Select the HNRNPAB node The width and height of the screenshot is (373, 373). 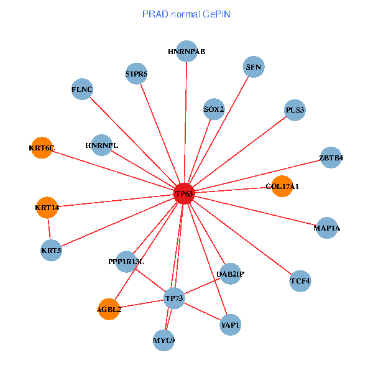point(186,51)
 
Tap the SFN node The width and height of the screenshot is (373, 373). point(253,67)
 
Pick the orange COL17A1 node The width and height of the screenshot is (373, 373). point(282,186)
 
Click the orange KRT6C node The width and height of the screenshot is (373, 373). point(42,148)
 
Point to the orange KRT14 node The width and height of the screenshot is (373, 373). point(47,208)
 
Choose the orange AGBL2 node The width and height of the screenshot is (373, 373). point(109,309)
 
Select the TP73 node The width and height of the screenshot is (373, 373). point(174,299)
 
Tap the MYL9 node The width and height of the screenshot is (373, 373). point(163,341)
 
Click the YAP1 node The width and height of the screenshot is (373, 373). point(230,325)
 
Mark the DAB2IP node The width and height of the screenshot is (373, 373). point(230,274)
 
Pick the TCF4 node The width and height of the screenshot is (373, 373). point(300,282)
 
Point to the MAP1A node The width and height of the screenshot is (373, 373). point(327,228)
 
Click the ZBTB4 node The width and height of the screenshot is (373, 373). point(331,157)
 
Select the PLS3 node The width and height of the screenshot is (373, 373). point(295,111)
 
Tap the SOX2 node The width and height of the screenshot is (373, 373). point(214,109)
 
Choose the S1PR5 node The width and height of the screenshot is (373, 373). point(136,74)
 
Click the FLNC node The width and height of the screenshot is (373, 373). point(82,90)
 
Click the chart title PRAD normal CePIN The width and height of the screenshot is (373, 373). point(186,14)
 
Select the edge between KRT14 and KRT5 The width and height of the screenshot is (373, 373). point(49,229)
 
